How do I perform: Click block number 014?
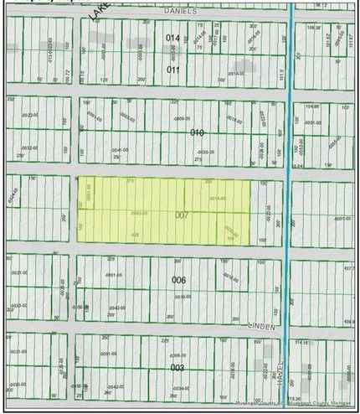pos(173,39)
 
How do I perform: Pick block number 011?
pos(173,70)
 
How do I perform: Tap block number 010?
pos(198,132)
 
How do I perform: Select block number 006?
pos(177,279)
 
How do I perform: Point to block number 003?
pos(177,367)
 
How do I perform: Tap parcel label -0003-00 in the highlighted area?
pos(140,213)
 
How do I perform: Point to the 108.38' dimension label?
pos(314,26)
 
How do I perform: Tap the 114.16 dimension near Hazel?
pos(302,342)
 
